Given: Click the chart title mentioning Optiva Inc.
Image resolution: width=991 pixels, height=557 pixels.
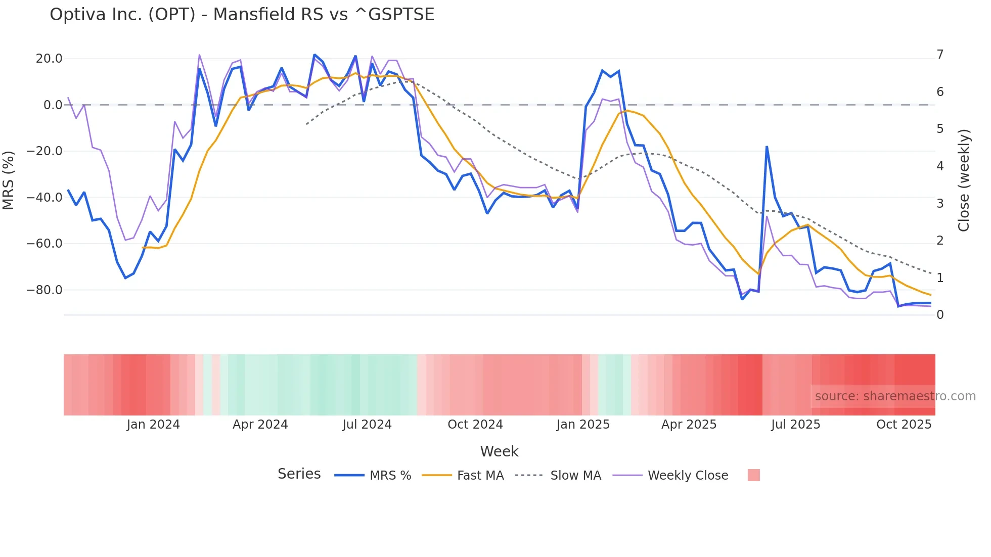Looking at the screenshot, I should click(242, 15).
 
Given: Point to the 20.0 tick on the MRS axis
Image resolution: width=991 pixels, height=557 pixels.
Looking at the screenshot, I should click(49, 59).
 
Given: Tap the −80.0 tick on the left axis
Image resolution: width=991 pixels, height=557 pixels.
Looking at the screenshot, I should click(44, 290).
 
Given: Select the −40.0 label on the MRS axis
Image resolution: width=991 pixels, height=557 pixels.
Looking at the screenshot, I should click(44, 198).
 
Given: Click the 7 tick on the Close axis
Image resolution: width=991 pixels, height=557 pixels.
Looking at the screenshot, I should click(940, 55).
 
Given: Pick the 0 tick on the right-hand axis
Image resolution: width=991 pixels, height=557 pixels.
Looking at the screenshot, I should click(940, 315).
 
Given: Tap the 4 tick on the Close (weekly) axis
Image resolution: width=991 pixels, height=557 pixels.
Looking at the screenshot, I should click(940, 166).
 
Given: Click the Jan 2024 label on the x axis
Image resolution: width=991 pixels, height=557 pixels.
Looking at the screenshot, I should click(153, 425).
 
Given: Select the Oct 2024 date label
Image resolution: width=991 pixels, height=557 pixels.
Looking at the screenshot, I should click(475, 425).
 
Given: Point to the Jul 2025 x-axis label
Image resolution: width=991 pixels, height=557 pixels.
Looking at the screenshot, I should click(795, 425).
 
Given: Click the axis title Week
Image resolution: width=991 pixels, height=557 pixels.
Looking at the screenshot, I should click(499, 451).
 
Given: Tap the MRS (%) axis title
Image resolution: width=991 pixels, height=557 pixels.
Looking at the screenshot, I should click(9, 180).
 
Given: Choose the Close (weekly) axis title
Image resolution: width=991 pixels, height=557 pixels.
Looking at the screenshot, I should click(964, 180).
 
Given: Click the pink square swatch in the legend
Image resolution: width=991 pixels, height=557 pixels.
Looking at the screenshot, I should click(753, 476).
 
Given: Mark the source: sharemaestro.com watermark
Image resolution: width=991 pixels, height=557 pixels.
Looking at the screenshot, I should click(895, 396).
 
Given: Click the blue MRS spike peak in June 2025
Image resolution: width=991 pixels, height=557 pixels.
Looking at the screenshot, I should click(767, 147).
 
